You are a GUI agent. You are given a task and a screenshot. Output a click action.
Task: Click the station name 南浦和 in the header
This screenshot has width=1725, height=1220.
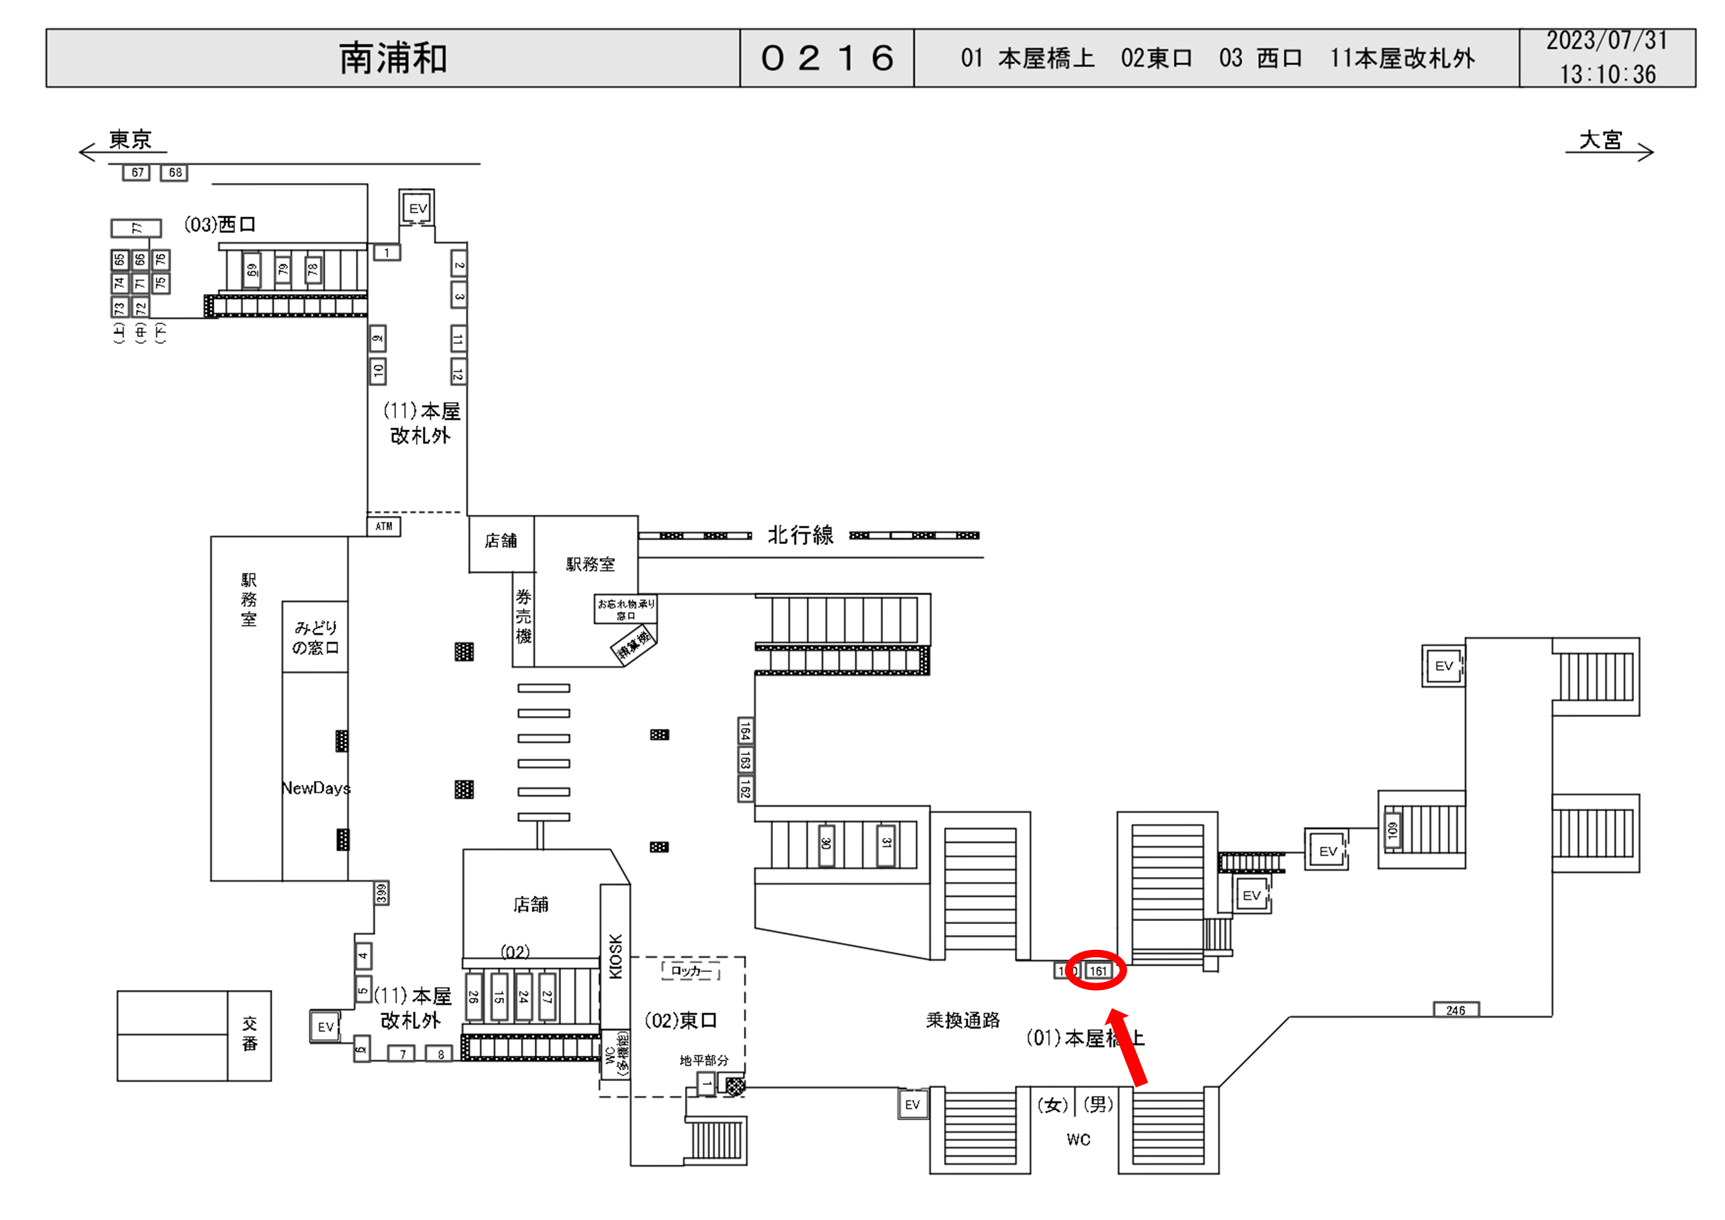click(x=393, y=58)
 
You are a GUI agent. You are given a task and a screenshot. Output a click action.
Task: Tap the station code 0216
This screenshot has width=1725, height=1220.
click(x=826, y=58)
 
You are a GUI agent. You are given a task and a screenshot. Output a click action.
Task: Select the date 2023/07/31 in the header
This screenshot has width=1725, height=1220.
click(x=1606, y=41)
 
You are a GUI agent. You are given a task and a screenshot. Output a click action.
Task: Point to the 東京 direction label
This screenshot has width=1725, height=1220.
click(x=130, y=139)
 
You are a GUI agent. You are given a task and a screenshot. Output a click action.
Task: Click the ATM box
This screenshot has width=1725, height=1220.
click(x=383, y=526)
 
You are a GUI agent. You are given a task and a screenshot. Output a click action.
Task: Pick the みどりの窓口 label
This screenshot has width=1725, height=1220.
click(x=315, y=637)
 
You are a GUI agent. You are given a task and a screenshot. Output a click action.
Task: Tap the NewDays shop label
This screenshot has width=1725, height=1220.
click(x=315, y=788)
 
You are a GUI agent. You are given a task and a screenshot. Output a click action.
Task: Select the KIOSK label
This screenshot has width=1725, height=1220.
click(x=615, y=956)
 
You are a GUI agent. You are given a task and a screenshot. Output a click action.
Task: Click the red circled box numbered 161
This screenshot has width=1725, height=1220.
click(x=1098, y=971)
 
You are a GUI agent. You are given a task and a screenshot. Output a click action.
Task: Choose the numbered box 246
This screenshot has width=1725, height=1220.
click(x=1455, y=1010)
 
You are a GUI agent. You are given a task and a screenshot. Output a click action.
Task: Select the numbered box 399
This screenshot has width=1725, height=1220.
click(x=381, y=893)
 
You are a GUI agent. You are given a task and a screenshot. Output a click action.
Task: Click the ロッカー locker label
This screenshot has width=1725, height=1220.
click(x=691, y=971)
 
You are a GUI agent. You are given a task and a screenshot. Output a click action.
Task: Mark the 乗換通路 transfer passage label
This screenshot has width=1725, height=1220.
click(x=963, y=1020)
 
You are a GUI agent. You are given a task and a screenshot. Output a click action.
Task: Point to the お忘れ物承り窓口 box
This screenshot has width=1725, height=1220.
click(x=625, y=609)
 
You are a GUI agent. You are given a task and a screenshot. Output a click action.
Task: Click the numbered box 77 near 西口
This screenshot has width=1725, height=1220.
click(x=136, y=227)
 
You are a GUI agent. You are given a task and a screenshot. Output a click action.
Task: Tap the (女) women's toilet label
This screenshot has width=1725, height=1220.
click(x=1052, y=1104)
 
